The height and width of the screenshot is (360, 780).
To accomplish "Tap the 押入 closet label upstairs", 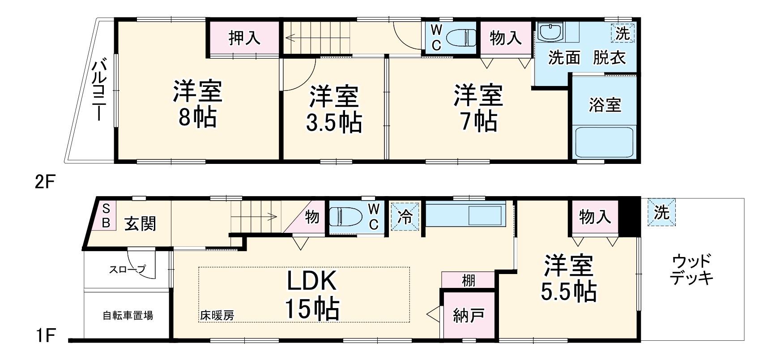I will tap(244, 38).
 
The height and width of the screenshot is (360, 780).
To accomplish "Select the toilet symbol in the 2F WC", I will tap(461, 38).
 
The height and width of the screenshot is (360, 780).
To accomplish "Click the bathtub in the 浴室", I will tap(605, 141).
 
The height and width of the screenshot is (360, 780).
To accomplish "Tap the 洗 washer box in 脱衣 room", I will tap(622, 34).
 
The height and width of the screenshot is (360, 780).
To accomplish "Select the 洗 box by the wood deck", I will tap(661, 213).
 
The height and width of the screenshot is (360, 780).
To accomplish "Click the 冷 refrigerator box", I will tap(405, 217).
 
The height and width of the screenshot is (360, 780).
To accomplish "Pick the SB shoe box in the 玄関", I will tap(106, 216).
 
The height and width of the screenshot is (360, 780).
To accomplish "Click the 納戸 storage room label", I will tap(468, 316).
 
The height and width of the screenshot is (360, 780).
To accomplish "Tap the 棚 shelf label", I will tap(469, 281).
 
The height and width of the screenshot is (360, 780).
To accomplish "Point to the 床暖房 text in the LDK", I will tap(217, 315).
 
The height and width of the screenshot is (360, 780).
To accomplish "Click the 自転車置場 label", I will tap(128, 316).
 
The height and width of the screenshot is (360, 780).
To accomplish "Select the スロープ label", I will tap(128, 270).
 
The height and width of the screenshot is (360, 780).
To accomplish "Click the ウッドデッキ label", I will tap(692, 270).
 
